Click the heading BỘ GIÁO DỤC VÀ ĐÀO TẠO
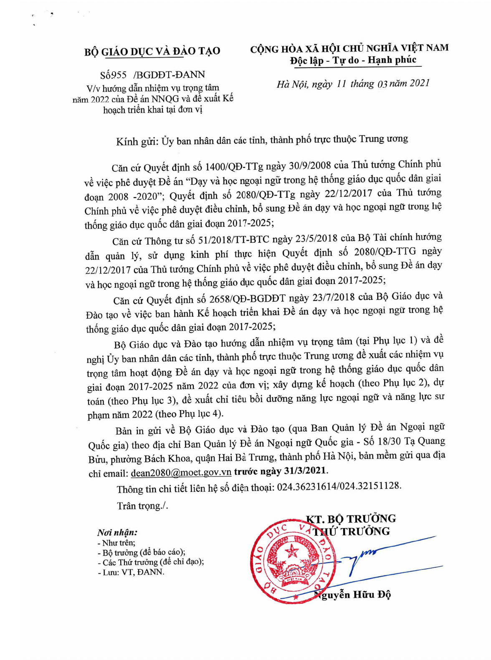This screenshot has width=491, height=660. pyautogui.click(x=152, y=51)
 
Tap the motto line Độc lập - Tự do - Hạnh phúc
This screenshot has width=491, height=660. pyautogui.click(x=353, y=60)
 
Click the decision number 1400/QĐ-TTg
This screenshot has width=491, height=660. pyautogui.click(x=234, y=167)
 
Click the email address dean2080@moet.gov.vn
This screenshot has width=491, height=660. pyautogui.click(x=181, y=473)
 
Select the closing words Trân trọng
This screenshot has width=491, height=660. pyautogui.click(x=141, y=506)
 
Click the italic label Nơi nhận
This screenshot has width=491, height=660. pyautogui.click(x=117, y=532)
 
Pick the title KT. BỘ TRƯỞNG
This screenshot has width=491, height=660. pyautogui.click(x=351, y=519)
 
